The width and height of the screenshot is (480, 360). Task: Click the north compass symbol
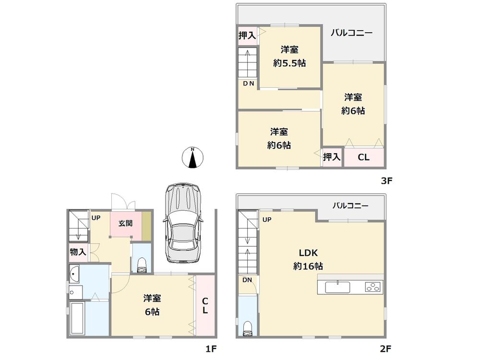(193, 158)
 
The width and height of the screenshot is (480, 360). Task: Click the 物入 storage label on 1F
(77, 252)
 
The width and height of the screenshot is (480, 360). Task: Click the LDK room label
(309, 253)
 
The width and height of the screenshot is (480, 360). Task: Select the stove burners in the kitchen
(372, 288)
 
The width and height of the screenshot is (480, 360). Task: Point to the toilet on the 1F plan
(142, 264)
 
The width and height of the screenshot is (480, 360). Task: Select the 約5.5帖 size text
(290, 63)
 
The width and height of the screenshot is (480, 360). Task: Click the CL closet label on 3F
(364, 157)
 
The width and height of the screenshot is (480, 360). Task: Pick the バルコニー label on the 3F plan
(352, 33)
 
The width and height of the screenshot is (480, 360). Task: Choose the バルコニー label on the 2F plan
(351, 205)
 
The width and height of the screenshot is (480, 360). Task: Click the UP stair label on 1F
(96, 217)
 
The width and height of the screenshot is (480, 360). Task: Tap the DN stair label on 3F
(248, 84)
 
